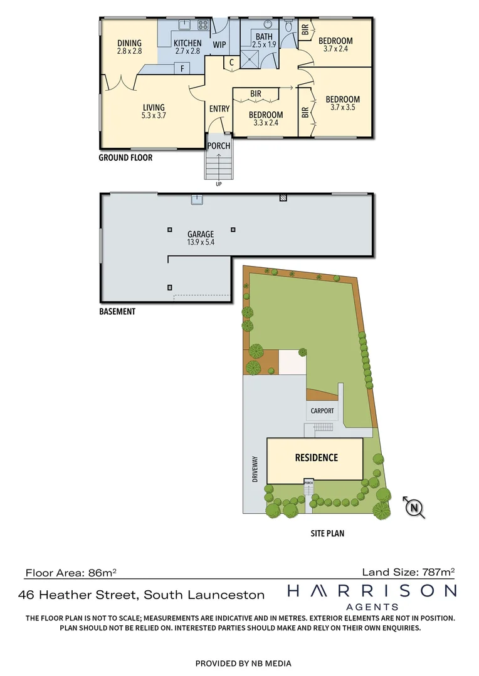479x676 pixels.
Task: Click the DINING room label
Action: click(x=130, y=47)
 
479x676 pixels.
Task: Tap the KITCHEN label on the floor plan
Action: click(x=187, y=47)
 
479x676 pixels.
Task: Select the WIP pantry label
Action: click(x=219, y=44)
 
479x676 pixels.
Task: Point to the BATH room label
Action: click(x=264, y=41)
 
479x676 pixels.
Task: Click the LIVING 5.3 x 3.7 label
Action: click(x=153, y=111)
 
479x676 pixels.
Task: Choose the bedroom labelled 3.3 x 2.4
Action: click(x=266, y=118)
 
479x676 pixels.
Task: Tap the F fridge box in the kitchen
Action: click(x=182, y=69)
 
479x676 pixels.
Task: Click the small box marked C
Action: click(x=231, y=62)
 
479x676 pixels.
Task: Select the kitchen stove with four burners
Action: click(x=203, y=26)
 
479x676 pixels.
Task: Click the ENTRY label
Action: click(x=219, y=109)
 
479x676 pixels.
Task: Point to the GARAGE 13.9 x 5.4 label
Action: click(x=201, y=238)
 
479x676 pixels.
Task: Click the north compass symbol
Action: click(x=414, y=508)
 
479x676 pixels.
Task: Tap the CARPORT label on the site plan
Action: click(x=323, y=411)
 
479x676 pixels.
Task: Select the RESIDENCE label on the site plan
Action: click(x=316, y=458)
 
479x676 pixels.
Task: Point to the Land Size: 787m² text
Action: click(x=408, y=571)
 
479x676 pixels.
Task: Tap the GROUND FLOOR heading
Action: click(x=125, y=158)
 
